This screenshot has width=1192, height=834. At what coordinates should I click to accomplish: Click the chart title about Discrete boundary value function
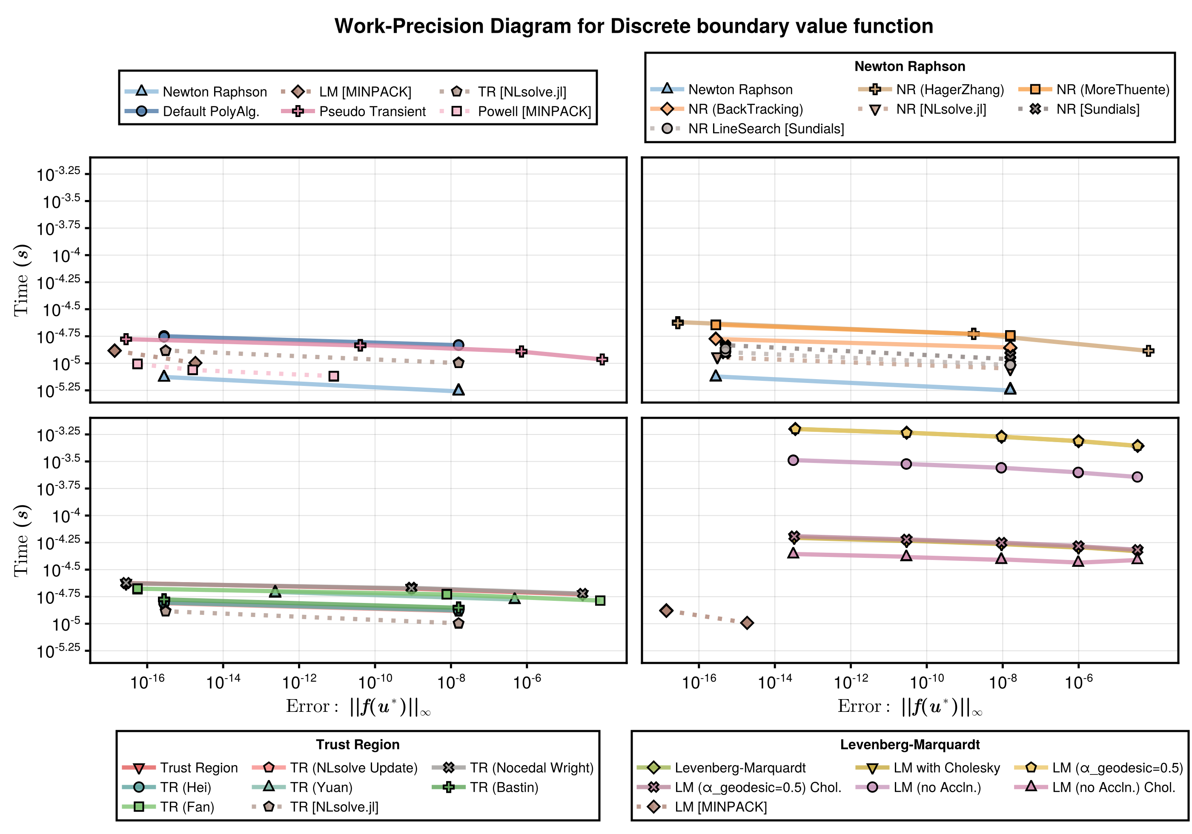coord(633,26)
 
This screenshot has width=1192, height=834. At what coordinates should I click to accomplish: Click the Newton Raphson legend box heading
coord(910,66)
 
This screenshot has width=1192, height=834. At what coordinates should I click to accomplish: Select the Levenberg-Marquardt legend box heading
coord(910,745)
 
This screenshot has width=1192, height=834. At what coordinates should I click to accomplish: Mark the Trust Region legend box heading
coord(358,745)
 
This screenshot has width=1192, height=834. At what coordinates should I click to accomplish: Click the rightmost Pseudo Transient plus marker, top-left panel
coord(602,359)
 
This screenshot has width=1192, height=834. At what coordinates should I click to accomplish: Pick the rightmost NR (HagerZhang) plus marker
coord(1149,351)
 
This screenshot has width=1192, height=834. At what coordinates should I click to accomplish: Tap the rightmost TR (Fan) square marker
coord(600,600)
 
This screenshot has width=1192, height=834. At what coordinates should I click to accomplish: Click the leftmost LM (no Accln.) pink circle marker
coord(793,460)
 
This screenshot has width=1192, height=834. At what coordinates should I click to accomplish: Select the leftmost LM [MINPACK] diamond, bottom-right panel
coord(667,610)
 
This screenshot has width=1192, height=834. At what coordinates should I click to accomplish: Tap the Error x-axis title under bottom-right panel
coord(910,707)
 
